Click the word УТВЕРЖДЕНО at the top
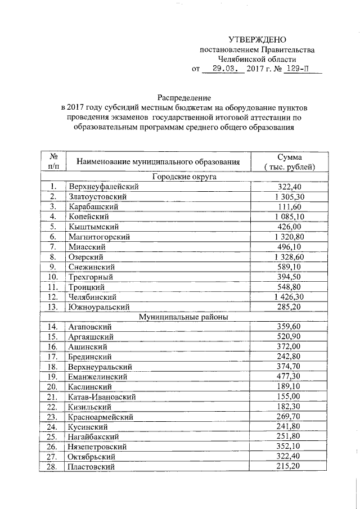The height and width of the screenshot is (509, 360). (x=257, y=39)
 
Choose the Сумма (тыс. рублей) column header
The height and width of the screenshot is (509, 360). (x=289, y=162)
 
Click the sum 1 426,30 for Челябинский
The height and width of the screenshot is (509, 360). (x=289, y=296)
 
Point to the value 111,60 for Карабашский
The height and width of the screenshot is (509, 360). (x=289, y=206)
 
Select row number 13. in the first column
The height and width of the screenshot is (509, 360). (x=53, y=307)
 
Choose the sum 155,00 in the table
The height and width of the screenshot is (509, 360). (x=289, y=397)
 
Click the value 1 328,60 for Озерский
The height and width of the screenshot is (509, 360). (x=289, y=256)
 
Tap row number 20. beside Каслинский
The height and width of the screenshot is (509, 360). (x=53, y=387)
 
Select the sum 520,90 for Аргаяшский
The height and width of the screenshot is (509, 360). (x=289, y=336)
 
